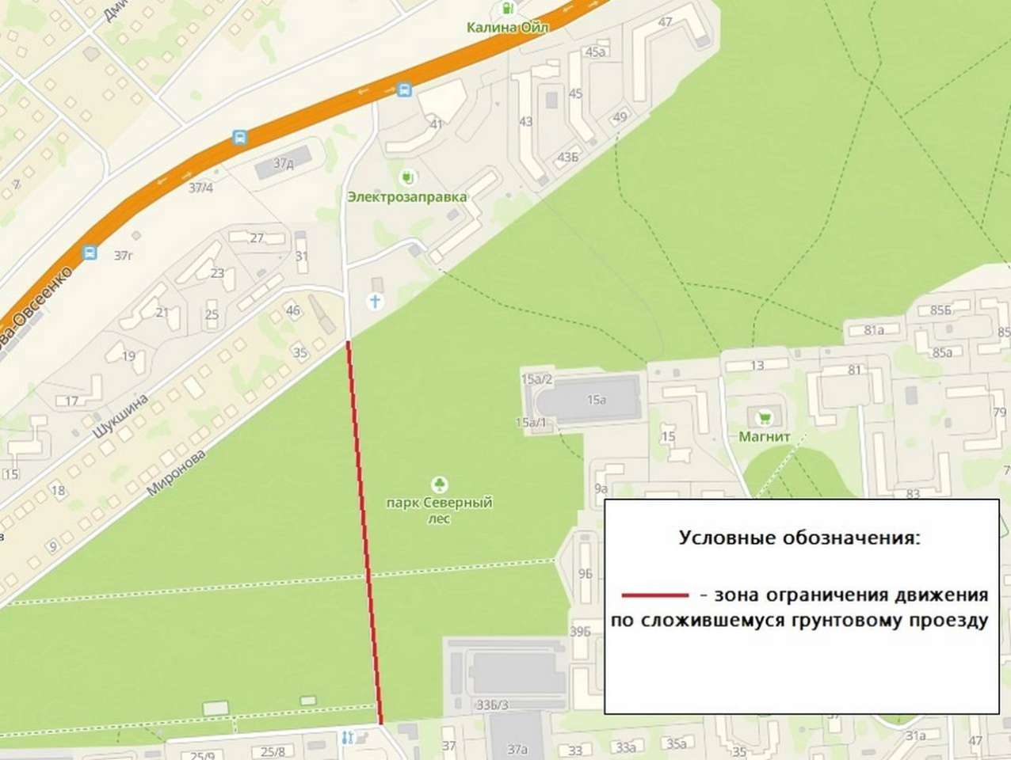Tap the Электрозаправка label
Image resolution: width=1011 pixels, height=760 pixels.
(x=406, y=196)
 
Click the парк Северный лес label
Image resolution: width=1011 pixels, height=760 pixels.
(x=439, y=510)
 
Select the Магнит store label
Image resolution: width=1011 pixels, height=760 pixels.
(x=764, y=436)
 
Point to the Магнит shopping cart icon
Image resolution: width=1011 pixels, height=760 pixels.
(x=765, y=416)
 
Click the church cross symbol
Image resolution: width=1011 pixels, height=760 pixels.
(x=376, y=302)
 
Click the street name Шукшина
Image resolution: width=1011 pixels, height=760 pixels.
(x=120, y=416)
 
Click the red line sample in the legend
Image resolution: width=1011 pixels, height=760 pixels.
(x=654, y=595)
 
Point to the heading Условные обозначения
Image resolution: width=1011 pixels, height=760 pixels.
(x=799, y=538)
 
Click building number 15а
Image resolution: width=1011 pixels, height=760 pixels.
(x=597, y=400)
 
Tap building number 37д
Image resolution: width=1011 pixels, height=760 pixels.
(x=283, y=164)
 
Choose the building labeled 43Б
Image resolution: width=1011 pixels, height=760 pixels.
(x=568, y=157)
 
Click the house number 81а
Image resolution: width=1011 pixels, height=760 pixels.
(x=874, y=330)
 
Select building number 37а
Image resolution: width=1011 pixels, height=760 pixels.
(x=517, y=749)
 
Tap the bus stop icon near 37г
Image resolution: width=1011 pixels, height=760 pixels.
(x=90, y=253)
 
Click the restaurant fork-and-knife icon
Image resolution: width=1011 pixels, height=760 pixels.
(x=347, y=738)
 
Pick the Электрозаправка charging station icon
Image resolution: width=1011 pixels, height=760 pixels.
(x=408, y=176)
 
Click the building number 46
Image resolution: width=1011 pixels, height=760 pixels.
(x=293, y=310)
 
